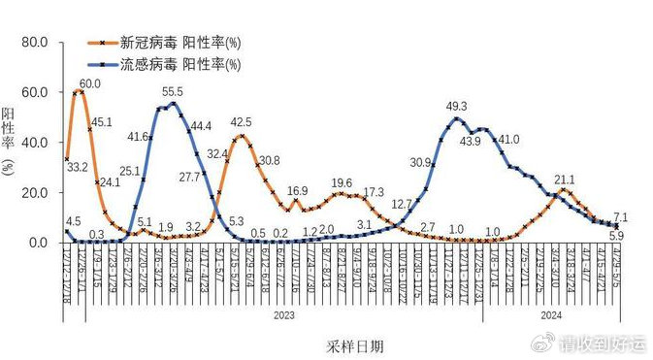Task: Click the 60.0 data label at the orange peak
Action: (x=90, y=84)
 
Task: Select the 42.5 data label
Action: (x=241, y=122)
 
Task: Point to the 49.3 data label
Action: (x=456, y=107)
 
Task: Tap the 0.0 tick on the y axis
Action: (x=37, y=243)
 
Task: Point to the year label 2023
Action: (x=283, y=314)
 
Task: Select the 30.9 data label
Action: (x=420, y=162)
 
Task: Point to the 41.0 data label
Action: (x=509, y=140)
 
